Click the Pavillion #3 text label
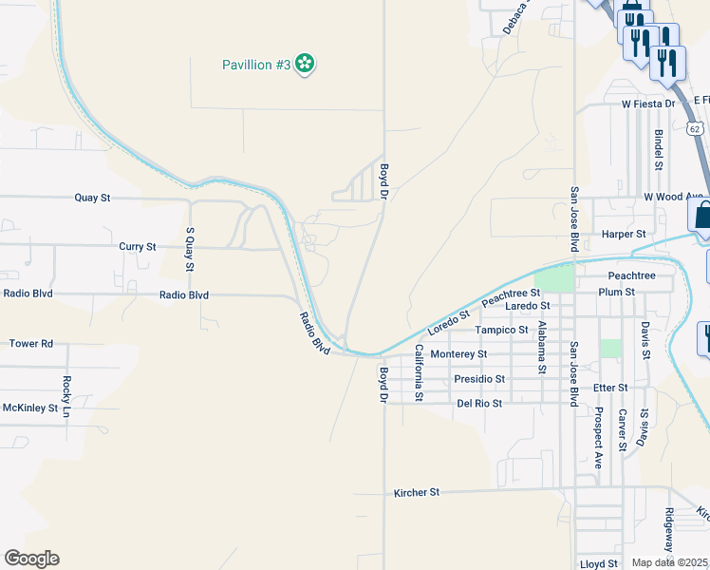pyautogui.click(x=255, y=65)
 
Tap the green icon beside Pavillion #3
pyautogui.click(x=305, y=64)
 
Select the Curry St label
pyautogui.click(x=138, y=247)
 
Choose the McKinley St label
pyautogui.click(x=30, y=408)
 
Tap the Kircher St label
pyautogui.click(x=417, y=493)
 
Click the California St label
pyautogui.click(x=417, y=371)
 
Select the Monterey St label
pyautogui.click(x=458, y=354)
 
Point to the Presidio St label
pyautogui.click(x=478, y=379)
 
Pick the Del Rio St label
pyautogui.click(x=479, y=403)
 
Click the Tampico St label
pyautogui.click(x=501, y=331)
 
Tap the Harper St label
pyautogui.click(x=624, y=234)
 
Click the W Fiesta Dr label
pyautogui.click(x=648, y=103)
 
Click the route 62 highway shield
pyautogui.click(x=695, y=126)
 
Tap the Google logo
pyautogui.click(x=31, y=559)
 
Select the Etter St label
pyautogui.click(x=609, y=388)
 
